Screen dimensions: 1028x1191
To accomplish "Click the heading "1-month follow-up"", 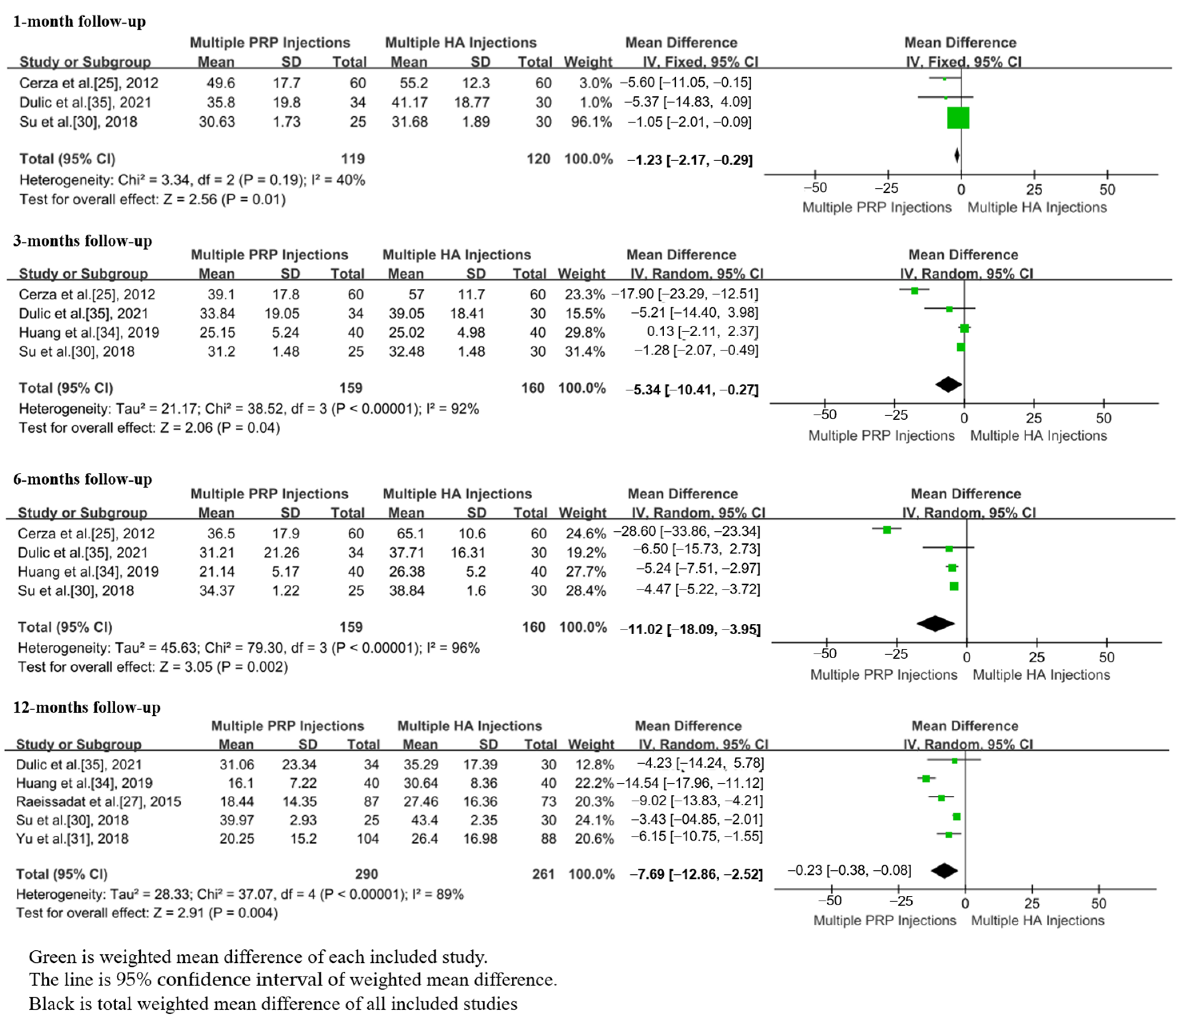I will point(79,22).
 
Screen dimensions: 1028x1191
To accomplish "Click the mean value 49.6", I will point(221,83).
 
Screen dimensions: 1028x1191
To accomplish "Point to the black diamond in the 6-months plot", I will point(935,624).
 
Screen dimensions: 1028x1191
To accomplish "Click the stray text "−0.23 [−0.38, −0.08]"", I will point(849,871).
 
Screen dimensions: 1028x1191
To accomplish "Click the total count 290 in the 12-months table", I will point(366,874).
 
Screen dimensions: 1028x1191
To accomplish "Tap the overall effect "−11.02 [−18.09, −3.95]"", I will point(690,629).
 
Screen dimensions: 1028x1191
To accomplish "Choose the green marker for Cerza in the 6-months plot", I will point(887,530).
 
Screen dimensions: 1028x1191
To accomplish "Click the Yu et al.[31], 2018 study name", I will point(72,839).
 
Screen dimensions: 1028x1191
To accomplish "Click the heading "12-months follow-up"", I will point(87,707).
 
